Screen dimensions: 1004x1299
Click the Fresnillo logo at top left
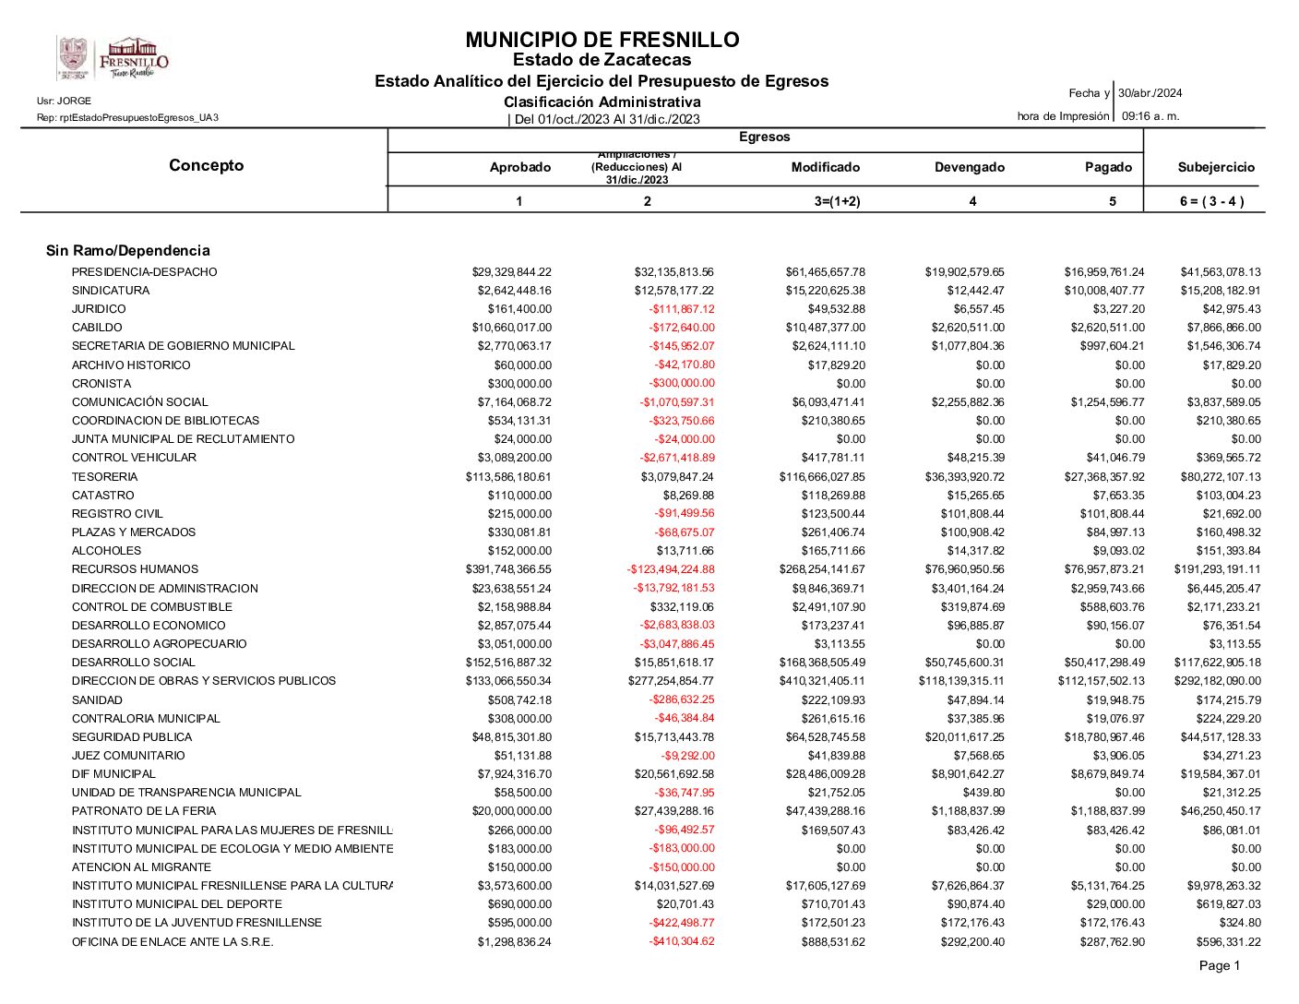tap(113, 58)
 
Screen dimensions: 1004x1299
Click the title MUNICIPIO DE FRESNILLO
tap(602, 40)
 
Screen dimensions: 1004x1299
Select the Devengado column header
tap(969, 167)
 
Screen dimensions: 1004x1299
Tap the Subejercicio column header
tap(1216, 167)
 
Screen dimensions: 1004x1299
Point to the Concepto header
tap(207, 165)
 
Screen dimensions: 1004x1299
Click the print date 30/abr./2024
tap(1150, 93)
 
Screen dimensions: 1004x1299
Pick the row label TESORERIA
tap(105, 477)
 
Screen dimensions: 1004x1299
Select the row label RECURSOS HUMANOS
tap(135, 569)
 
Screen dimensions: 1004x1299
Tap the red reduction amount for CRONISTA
tap(681, 383)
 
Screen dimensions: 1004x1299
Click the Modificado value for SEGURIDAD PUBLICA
tap(822, 737)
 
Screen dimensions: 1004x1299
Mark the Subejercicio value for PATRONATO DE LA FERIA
tap(1221, 811)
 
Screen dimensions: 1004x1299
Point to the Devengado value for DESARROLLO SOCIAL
tap(965, 663)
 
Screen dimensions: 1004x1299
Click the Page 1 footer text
tap(1219, 965)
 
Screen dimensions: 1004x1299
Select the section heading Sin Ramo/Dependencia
tap(128, 250)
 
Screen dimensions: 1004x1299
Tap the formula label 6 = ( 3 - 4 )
tap(1210, 201)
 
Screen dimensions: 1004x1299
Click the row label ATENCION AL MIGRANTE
tap(141, 867)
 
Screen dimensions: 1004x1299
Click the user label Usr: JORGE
tap(64, 101)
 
